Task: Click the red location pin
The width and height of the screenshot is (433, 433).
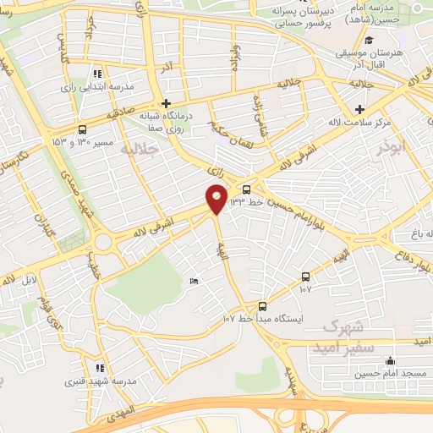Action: click(216, 200)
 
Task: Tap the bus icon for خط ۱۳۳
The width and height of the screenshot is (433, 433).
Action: click(246, 189)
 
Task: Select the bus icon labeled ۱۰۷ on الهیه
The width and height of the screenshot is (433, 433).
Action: click(305, 277)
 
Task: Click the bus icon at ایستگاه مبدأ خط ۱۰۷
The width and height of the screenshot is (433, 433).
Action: click(262, 306)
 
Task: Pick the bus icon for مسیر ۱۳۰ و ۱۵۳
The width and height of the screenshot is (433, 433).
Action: click(81, 129)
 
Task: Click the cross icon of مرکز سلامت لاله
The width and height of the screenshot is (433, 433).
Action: click(361, 109)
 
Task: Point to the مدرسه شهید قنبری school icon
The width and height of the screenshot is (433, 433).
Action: click(100, 368)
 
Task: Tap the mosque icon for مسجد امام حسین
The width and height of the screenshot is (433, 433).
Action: click(388, 361)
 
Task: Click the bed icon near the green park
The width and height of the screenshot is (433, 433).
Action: click(195, 281)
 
